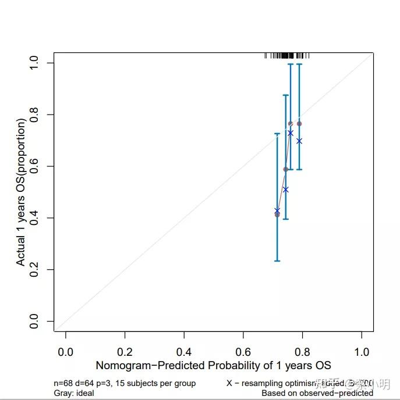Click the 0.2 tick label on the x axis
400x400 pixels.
tap(125, 352)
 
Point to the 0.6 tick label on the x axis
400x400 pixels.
tap(243, 352)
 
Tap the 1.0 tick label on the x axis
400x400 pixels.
tap(362, 352)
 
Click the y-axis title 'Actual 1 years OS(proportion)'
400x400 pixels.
tap(21, 192)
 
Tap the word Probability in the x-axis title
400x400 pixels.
tap(229, 365)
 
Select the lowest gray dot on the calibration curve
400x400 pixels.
tap(277, 215)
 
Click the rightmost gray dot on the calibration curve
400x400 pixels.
tap(299, 123)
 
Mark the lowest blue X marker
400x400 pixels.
tap(277, 210)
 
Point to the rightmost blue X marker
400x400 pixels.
tap(299, 141)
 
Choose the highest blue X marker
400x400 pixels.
tap(290, 133)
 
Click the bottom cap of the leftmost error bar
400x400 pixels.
tap(277, 260)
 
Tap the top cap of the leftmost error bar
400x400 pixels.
tap(277, 134)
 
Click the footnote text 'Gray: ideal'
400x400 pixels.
tap(73, 393)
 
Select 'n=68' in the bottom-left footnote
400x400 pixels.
tap(63, 383)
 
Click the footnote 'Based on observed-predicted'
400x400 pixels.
tap(317, 393)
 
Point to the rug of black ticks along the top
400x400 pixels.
tap(286, 56)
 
